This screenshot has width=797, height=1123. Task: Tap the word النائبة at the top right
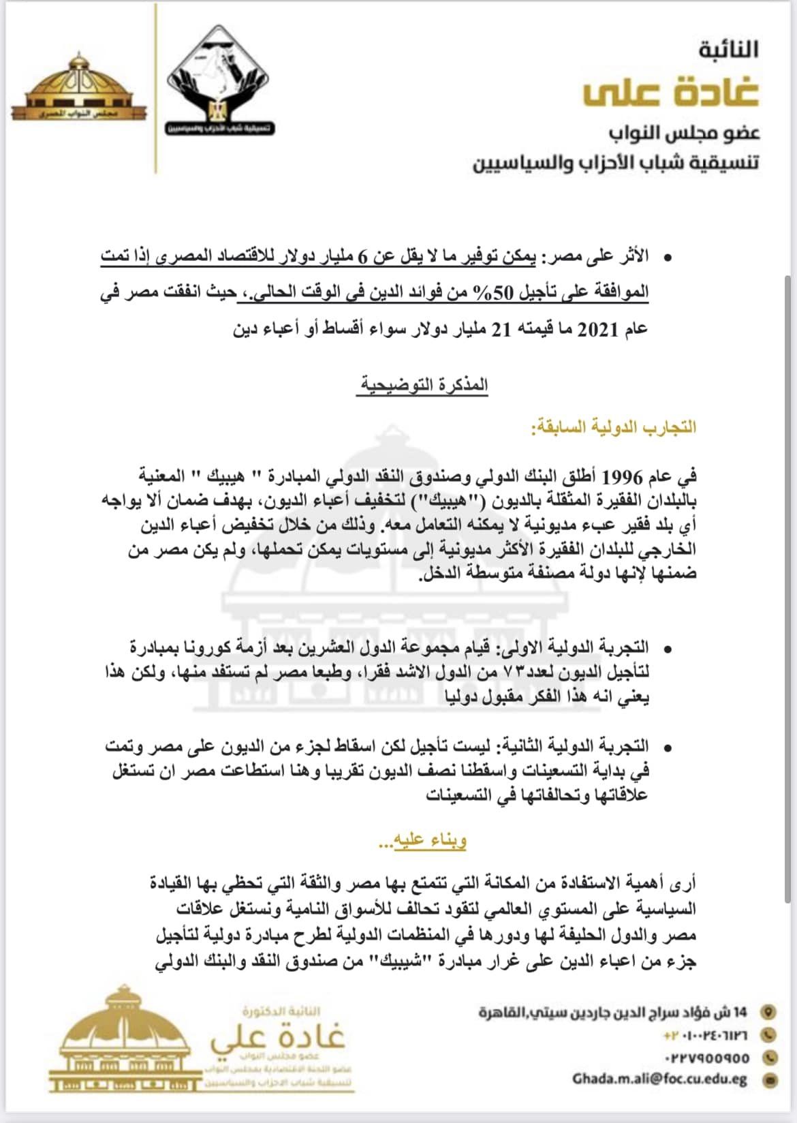728,49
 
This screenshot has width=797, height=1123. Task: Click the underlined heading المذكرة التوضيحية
424,385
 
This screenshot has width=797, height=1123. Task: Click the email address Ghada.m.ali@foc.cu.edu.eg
660,1080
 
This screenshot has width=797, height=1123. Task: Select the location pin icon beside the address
770,1011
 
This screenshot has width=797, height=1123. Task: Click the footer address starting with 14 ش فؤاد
613,1012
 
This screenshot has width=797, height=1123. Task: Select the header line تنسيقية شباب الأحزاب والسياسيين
616,164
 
